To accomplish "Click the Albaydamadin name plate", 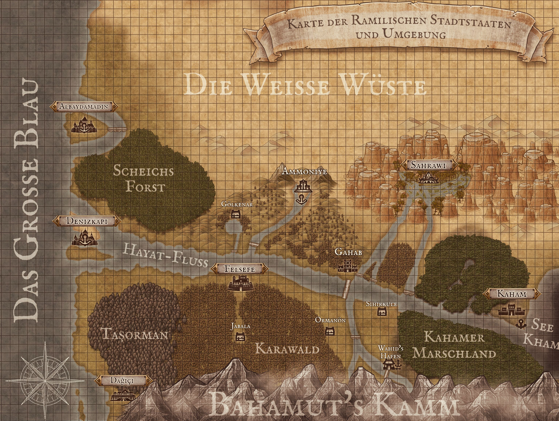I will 84,106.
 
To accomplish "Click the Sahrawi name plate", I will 429,165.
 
